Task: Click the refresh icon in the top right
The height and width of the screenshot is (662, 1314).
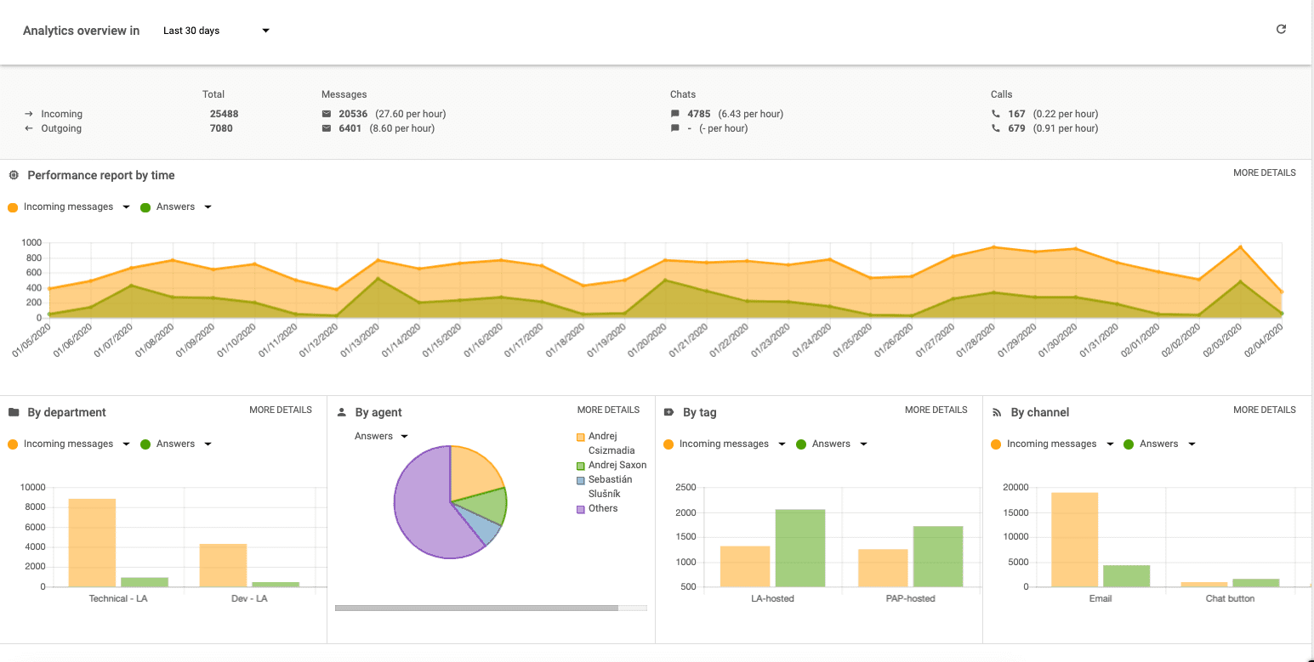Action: [x=1281, y=30]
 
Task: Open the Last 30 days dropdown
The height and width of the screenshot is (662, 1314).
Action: [x=216, y=31]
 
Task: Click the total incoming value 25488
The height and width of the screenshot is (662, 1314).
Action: [x=224, y=114]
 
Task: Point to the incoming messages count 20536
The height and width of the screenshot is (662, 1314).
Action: [x=353, y=114]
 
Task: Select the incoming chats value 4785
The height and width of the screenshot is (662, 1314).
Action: [x=698, y=114]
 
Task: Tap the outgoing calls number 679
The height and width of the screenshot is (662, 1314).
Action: [x=1016, y=129]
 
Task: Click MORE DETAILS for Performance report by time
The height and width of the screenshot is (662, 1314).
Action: [x=1264, y=173]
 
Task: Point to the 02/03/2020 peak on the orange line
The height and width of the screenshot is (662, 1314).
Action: [x=1240, y=247]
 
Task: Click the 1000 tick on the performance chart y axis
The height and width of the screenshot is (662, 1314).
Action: [x=31, y=243]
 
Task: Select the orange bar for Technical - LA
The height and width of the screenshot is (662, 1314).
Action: [x=92, y=542]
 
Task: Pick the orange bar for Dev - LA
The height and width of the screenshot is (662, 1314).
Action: [x=223, y=565]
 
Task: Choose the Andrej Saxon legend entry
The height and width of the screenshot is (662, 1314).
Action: [x=617, y=466]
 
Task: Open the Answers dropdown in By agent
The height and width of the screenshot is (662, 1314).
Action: [x=381, y=437]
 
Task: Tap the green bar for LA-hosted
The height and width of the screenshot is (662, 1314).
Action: [x=799, y=548]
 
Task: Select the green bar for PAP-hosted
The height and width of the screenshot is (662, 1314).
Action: [x=937, y=557]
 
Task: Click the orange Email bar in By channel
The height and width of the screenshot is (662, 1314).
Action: [x=1074, y=540]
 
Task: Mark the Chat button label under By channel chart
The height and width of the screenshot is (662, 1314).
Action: [x=1229, y=598]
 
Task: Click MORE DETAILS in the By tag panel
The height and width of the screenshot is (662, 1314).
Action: [x=936, y=410]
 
